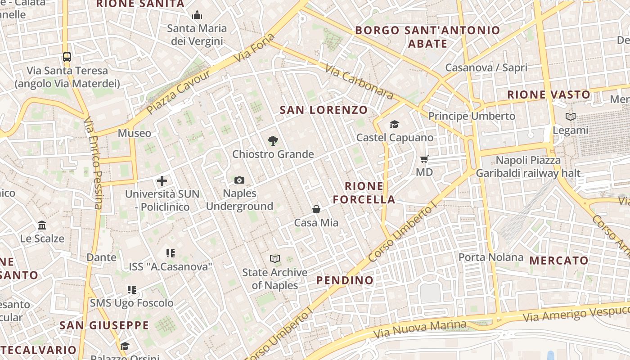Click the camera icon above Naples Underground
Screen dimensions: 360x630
coord(239,180)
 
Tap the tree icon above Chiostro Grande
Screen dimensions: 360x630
coord(273,141)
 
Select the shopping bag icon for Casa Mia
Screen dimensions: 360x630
coord(316,209)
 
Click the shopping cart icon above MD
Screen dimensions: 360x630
coord(424,159)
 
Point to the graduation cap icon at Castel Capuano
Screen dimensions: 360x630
coord(394,124)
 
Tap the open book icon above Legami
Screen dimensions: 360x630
coord(570,117)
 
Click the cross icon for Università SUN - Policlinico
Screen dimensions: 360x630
coord(162,181)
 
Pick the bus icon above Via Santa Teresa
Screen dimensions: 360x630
coord(67,57)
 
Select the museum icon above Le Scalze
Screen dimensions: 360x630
coord(42,225)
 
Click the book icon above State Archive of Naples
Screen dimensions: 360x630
coord(274,259)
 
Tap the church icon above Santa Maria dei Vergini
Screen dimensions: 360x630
coord(197,15)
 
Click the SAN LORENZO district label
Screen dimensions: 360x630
coord(324,110)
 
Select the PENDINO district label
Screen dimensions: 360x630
coord(345,280)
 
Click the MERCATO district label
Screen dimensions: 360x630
coord(558,261)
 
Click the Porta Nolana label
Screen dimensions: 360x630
coord(490,257)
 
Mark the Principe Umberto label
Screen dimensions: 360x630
coord(471,116)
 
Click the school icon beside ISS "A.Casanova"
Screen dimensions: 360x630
coord(170,253)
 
